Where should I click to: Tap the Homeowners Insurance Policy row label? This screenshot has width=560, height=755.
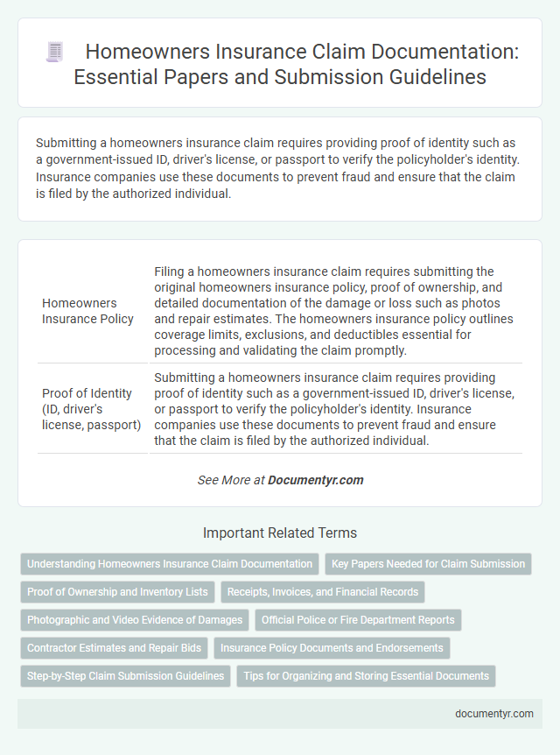[87, 310]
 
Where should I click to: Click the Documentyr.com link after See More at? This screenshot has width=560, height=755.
[315, 480]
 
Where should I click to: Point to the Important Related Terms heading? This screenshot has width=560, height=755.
[280, 533]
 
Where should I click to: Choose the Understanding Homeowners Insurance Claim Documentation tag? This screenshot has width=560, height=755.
[170, 564]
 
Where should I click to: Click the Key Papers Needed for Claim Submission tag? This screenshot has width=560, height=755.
[428, 564]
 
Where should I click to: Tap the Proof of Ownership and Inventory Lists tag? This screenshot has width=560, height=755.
[117, 592]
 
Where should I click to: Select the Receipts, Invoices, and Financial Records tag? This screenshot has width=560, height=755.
[323, 592]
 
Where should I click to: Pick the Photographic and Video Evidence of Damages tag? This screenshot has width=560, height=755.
[135, 620]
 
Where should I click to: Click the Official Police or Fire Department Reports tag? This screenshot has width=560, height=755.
[358, 620]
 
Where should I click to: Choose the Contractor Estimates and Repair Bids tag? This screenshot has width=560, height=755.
[115, 648]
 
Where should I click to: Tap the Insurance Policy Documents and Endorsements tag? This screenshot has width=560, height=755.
[332, 648]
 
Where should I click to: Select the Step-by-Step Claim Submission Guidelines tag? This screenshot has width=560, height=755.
[125, 676]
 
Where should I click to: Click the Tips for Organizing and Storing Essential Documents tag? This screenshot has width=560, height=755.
[366, 676]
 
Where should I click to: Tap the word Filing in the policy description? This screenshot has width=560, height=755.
[170, 271]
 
